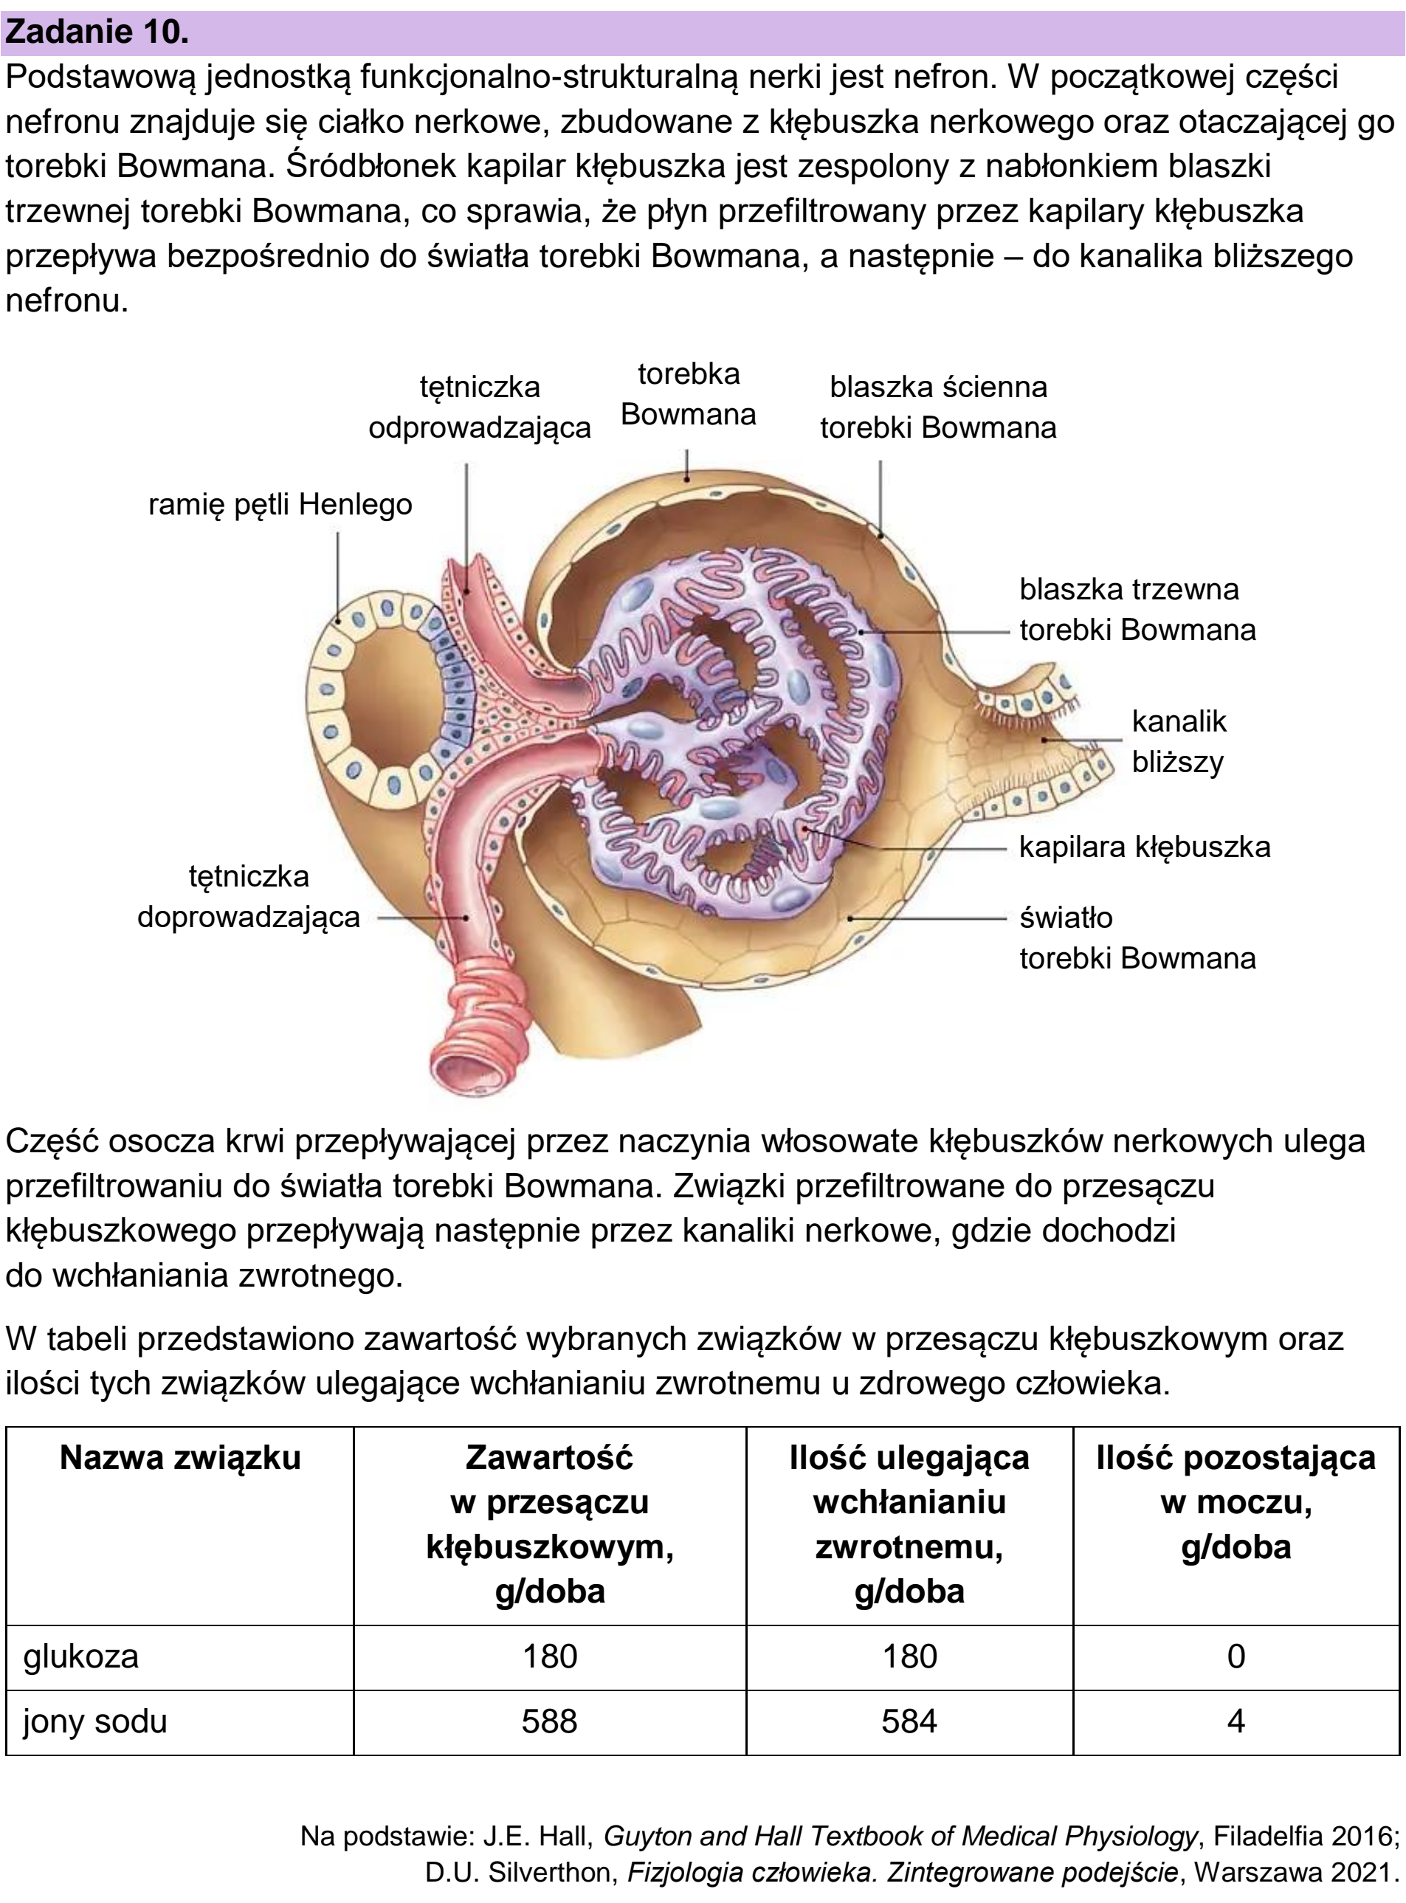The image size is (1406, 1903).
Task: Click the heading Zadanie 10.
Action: (97, 32)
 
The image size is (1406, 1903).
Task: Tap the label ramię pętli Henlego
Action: (280, 505)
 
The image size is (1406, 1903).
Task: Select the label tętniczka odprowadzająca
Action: (479, 407)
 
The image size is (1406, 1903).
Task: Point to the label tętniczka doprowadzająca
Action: (249, 896)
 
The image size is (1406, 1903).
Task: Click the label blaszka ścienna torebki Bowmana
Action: (938, 407)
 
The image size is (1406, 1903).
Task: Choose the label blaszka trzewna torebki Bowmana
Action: (1137, 610)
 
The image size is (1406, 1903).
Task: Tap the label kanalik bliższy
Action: (1179, 741)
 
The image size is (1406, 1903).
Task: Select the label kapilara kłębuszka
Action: (1145, 846)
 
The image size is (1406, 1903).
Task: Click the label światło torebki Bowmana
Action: (1137, 938)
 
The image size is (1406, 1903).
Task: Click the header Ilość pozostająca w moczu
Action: (1236, 1502)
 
